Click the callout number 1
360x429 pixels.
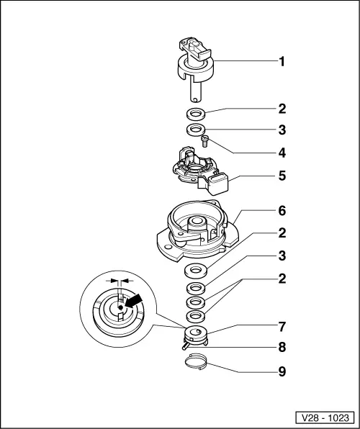282,62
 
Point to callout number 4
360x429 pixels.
282,153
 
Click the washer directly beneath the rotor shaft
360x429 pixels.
194,113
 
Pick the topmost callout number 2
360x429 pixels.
282,109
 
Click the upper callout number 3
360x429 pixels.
282,130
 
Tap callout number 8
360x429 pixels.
282,347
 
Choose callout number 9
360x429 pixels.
282,371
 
